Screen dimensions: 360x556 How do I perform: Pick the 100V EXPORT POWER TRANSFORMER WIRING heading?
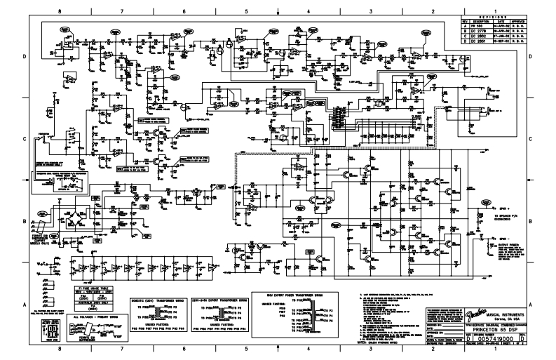coord(304,286)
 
